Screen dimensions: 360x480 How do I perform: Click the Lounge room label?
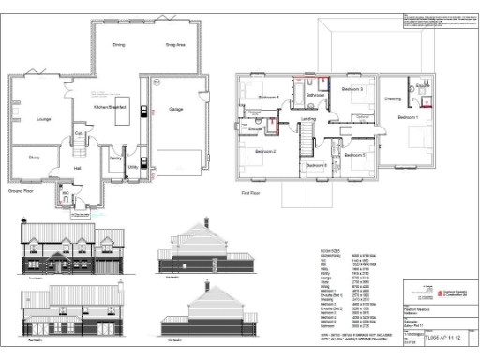pyautogui.click(x=44, y=119)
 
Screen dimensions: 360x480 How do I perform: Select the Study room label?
pyautogui.click(x=35, y=157)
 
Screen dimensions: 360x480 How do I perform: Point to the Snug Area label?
pyautogui.click(x=175, y=45)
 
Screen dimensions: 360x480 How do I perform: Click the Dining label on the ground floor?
pyautogui.click(x=119, y=45)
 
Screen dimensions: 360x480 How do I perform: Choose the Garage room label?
pyautogui.click(x=174, y=109)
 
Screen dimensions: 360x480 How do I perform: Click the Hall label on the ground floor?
pyautogui.click(x=79, y=168)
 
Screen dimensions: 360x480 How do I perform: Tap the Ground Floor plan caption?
pyautogui.click(x=22, y=190)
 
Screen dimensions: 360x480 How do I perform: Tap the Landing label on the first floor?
pyautogui.click(x=307, y=118)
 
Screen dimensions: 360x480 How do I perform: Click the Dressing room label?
pyautogui.click(x=393, y=98)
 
